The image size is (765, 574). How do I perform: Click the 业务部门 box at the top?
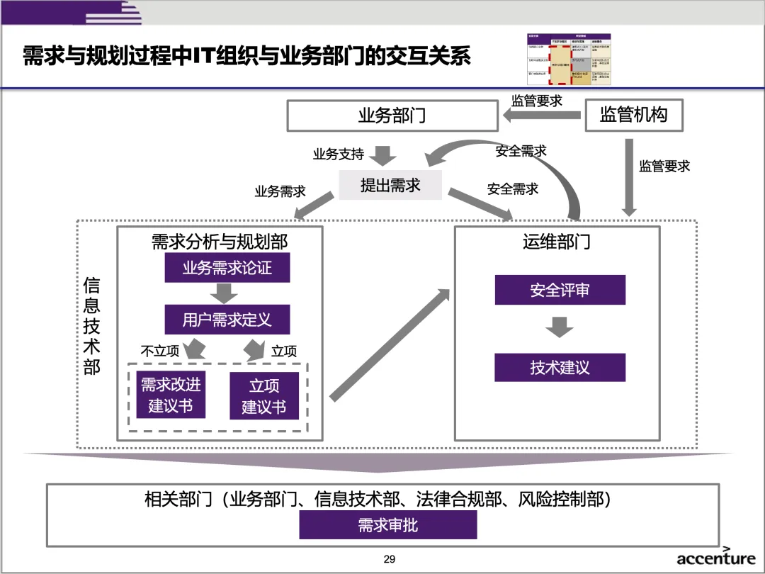pyautogui.click(x=392, y=116)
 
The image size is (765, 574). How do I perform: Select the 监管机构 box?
pyautogui.click(x=634, y=115)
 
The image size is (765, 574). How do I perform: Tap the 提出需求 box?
pyautogui.click(x=390, y=186)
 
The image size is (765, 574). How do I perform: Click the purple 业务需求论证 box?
pyautogui.click(x=227, y=268)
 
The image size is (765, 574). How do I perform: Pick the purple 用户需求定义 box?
pyautogui.click(x=227, y=320)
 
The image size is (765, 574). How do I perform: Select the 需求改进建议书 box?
pyautogui.click(x=171, y=395)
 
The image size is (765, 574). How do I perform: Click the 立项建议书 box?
pyautogui.click(x=264, y=396)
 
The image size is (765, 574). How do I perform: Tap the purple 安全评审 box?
pyautogui.click(x=560, y=290)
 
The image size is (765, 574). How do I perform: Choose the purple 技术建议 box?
pyautogui.click(x=560, y=367)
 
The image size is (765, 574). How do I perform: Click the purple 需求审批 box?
pyautogui.click(x=388, y=525)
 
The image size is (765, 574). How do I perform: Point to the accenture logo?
pyautogui.click(x=716, y=558)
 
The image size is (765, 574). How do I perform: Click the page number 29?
pyautogui.click(x=389, y=560)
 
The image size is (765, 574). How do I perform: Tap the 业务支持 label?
pyautogui.click(x=339, y=154)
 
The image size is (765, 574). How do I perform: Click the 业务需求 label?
pyautogui.click(x=280, y=191)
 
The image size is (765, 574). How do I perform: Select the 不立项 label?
pyautogui.click(x=160, y=351)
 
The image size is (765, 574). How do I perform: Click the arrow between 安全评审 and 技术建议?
pyautogui.click(x=560, y=327)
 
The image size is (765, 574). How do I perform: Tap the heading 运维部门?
pyautogui.click(x=557, y=242)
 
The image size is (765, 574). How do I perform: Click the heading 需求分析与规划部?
pyautogui.click(x=220, y=242)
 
